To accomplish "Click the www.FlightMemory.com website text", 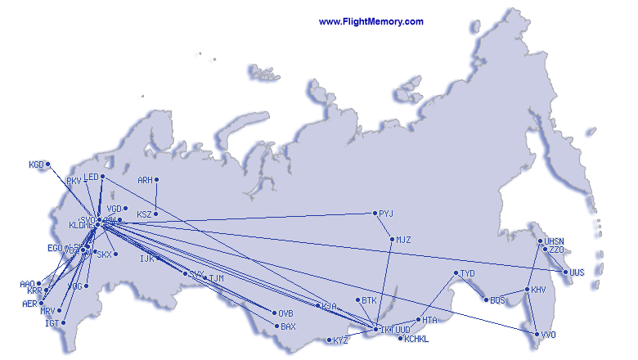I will pos(371,22).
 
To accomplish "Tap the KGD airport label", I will pos(36,164).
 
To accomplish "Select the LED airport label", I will pos(91,177).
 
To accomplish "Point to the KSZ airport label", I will pos(144,214).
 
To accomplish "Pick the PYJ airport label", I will pos(386,214).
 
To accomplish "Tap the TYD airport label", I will pos(467,273).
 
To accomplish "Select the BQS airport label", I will pos(497,300).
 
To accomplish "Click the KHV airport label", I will pos(538,290).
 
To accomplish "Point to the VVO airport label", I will pos(548,334).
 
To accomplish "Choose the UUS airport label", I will pos(577,272).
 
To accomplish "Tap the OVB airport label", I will pos(285,313).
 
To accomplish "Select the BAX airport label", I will pos(287,326).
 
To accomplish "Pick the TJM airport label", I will pos(216,278).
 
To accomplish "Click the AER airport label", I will pos(29,304).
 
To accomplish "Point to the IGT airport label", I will pos(52,323).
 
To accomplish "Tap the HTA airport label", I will pos(430,320).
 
